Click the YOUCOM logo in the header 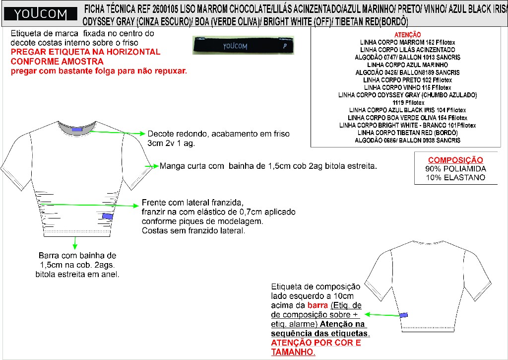40,14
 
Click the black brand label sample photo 243,45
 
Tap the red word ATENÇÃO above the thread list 408,35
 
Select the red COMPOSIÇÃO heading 455,160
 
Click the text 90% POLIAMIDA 455,169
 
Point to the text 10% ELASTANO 455,177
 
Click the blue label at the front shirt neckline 77,130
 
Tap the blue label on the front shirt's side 107,216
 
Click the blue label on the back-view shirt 403,315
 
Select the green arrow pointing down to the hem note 75,243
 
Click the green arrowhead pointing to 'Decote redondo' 142,133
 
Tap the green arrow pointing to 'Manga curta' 152,166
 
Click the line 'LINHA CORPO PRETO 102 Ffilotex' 408,80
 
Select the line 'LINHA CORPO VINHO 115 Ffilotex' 408,87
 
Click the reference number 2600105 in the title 165,9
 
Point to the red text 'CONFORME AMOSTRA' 57,61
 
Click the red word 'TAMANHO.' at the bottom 293,352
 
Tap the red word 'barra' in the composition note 317,305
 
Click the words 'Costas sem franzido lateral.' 193,230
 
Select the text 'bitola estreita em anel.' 77,275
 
